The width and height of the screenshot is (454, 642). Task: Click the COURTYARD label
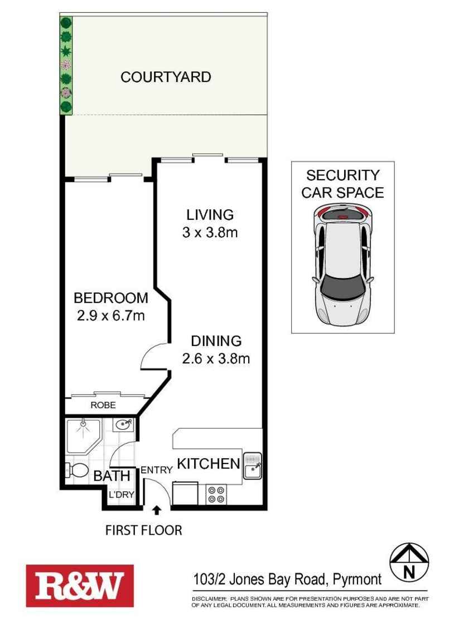coord(166,77)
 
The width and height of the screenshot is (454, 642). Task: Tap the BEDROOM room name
coord(111,298)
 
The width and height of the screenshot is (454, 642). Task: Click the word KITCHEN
coord(209,463)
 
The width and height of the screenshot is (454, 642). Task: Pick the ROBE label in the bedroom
coord(103,405)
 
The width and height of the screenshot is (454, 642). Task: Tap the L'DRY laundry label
coord(122,495)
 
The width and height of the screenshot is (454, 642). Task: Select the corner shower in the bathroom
coord(84,435)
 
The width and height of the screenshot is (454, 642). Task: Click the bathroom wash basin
coord(123,425)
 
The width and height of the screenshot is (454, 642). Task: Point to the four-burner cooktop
coord(216,494)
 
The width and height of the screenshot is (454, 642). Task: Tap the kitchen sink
coord(253,465)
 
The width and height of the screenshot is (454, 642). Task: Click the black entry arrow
coord(156,510)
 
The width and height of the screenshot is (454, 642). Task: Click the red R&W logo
coord(80,586)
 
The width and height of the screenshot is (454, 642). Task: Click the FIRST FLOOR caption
coord(143,530)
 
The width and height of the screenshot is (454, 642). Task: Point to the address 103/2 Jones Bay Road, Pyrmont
coord(287,579)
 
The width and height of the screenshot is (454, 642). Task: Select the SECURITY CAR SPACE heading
coord(343,184)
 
